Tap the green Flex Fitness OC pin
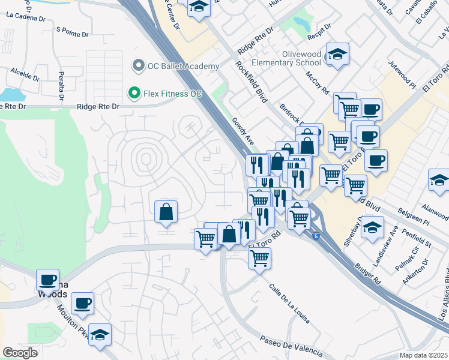point(134,94)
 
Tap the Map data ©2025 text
point(424,355)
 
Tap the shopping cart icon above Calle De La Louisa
point(259,258)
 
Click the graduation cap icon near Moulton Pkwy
point(100,334)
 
